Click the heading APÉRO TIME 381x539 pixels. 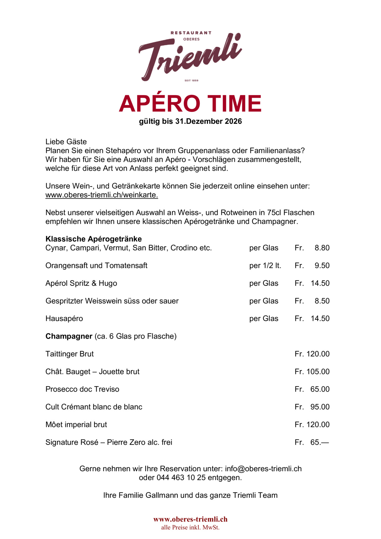(190, 104)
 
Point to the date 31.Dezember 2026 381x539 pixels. (208, 121)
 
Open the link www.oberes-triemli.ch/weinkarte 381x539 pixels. (102, 195)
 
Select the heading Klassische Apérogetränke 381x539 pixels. (94, 239)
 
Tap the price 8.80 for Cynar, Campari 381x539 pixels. (322, 248)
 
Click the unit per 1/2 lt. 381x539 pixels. (265, 266)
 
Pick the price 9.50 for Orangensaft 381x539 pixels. (322, 266)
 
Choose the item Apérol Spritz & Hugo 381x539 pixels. (81, 283)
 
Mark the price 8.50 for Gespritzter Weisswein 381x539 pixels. (322, 301)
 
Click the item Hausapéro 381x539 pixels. (64, 318)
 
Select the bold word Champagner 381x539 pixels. (69, 336)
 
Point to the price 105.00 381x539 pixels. (318, 371)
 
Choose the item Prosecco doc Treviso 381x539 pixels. (82, 389)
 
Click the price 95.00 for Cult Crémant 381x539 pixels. (320, 407)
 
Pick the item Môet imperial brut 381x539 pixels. (76, 425)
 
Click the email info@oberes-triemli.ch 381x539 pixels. (263, 469)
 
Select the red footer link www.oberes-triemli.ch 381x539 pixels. (190, 519)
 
